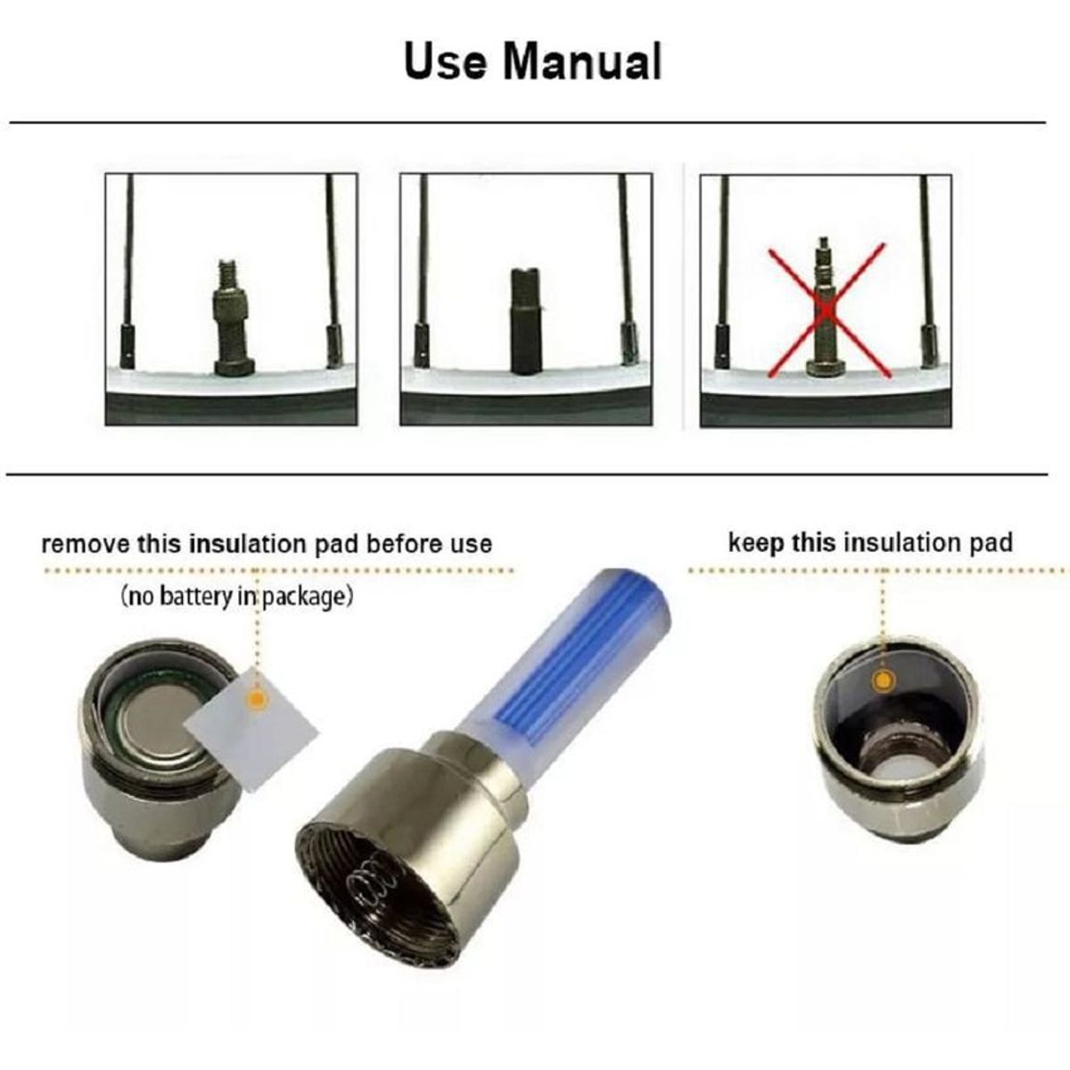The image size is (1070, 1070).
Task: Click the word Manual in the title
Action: (x=582, y=62)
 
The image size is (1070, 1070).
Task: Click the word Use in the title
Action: (x=445, y=62)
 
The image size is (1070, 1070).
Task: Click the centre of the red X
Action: (x=827, y=311)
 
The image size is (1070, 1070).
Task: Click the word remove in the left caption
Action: (x=85, y=544)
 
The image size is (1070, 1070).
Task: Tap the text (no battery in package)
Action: (x=236, y=597)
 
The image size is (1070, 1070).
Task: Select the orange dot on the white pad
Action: (x=256, y=698)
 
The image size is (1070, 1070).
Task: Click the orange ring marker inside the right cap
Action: (x=883, y=679)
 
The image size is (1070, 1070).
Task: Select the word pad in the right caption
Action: (x=991, y=544)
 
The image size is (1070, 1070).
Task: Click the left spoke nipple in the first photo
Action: (x=128, y=348)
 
